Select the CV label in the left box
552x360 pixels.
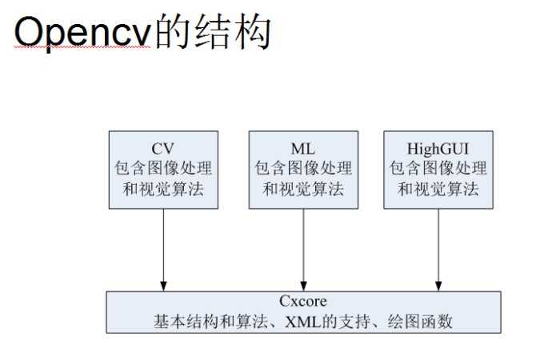point(163,149)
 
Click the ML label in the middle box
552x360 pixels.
point(303,149)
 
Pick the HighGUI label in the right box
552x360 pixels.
point(438,149)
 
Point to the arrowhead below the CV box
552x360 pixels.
point(163,284)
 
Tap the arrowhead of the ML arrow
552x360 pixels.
point(303,284)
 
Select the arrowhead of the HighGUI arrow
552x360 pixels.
point(438,284)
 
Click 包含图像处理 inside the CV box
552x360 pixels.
point(163,169)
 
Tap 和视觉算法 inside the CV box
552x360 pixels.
point(163,189)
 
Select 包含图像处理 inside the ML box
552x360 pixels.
point(303,169)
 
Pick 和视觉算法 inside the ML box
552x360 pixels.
point(303,189)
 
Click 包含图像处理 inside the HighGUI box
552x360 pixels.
point(438,169)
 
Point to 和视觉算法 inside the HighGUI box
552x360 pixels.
point(438,189)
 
